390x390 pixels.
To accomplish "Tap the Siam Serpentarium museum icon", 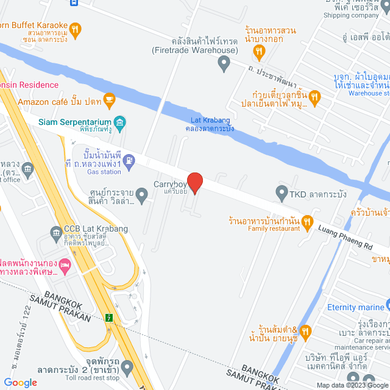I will pyautogui.click(x=121, y=122).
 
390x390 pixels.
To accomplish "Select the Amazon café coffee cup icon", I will pyautogui.click(x=109, y=98).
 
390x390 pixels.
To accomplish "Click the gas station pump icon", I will pyautogui.click(x=129, y=161).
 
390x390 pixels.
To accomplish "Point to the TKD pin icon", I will pyautogui.click(x=282, y=194).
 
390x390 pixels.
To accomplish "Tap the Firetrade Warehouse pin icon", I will pyautogui.click(x=224, y=62).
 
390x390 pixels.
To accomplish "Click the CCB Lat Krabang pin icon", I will pyautogui.click(x=54, y=233).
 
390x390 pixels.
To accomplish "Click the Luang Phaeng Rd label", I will pyautogui.click(x=347, y=234).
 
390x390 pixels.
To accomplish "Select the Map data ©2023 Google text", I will pyautogui.click(x=350, y=385).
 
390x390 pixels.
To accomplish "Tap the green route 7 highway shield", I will pyautogui.click(x=109, y=317).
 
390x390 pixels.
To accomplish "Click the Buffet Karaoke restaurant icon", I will pyautogui.click(x=74, y=29).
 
